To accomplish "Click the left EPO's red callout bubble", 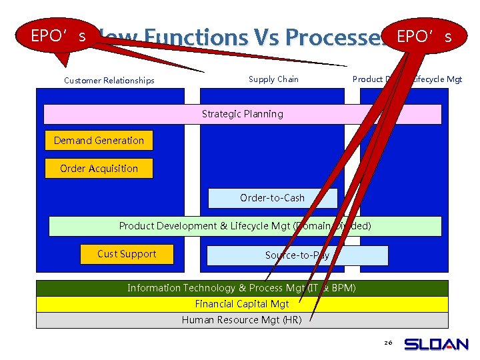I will coord(59,36).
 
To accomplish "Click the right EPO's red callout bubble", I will coord(424,36).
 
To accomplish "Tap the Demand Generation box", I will coord(99,141).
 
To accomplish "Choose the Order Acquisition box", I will coord(99,169).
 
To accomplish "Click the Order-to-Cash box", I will coord(272,198).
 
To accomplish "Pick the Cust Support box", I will coord(127,254).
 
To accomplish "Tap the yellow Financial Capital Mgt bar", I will coord(241,304).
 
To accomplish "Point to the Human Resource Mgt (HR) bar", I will coord(241,320).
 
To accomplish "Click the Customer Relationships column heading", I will coord(109,81).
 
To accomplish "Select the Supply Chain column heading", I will coord(273,79).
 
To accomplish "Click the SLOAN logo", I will coord(437,344).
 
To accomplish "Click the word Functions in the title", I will coord(199,39).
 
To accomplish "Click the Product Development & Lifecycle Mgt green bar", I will coord(245,226).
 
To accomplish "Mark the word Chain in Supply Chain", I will coord(287,79).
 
